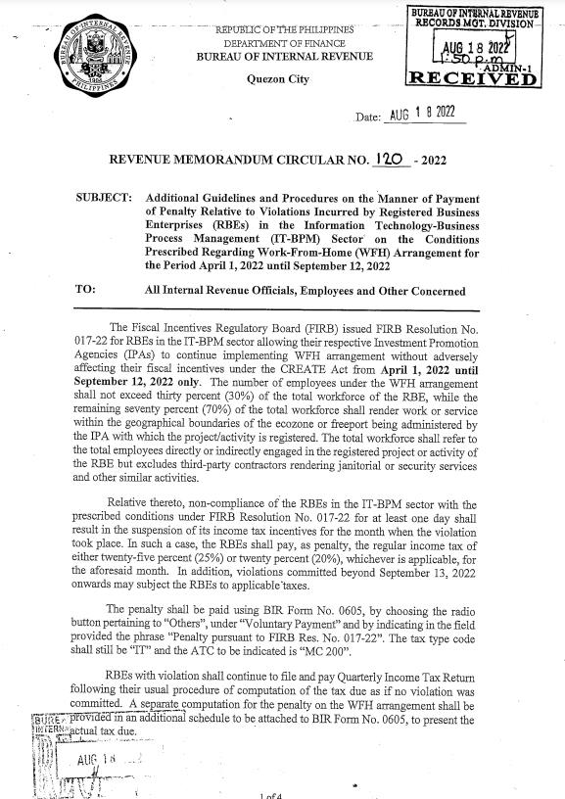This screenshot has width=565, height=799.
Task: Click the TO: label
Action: tap(84, 290)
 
